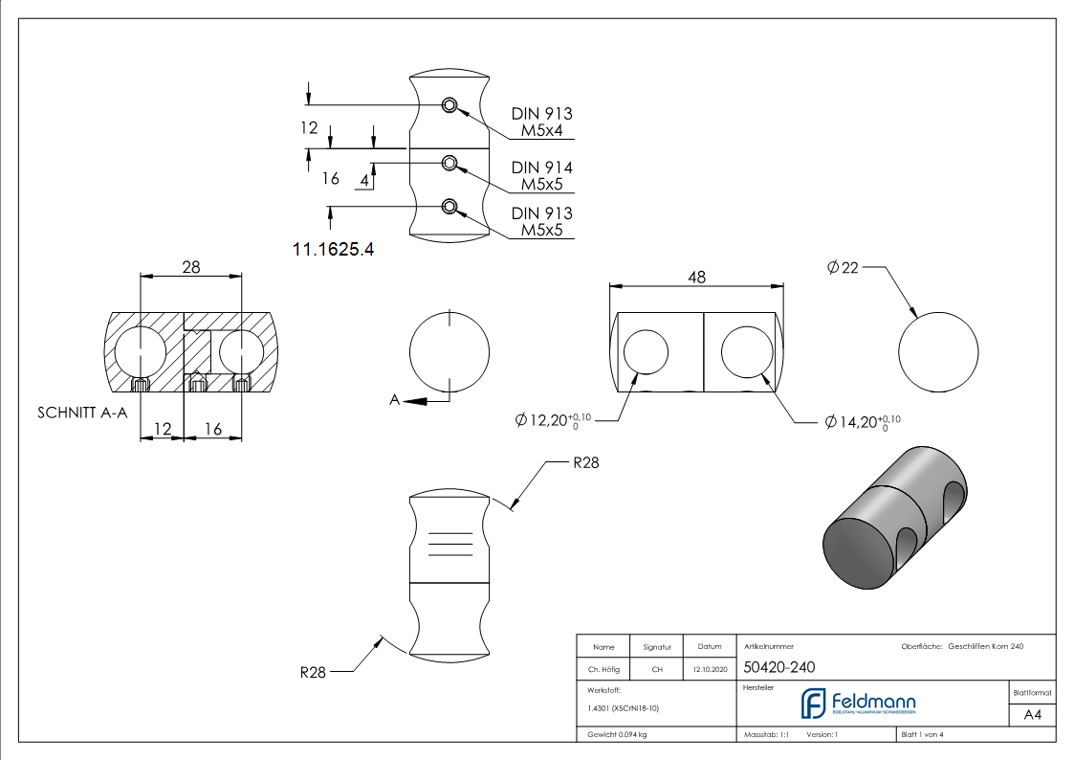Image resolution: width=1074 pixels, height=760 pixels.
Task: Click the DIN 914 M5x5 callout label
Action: point(541,175)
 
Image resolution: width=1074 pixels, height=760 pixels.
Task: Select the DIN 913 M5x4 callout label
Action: point(541,122)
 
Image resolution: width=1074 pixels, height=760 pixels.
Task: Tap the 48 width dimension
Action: point(696,277)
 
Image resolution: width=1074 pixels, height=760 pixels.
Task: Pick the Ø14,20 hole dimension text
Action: point(863,421)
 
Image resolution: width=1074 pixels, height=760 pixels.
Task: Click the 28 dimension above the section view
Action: point(190,267)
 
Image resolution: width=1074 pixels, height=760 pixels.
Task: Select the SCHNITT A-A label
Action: point(82,414)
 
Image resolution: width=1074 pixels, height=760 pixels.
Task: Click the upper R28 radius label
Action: point(585,463)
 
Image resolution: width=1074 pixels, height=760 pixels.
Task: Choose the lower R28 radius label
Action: point(313,672)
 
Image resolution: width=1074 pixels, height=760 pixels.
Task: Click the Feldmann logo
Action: point(857,704)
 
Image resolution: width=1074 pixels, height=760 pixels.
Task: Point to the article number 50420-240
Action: point(779,668)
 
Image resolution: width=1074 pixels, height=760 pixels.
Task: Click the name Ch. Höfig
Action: point(603,669)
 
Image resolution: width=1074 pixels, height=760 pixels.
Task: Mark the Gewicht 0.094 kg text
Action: point(617,734)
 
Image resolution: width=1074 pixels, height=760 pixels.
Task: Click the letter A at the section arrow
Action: point(394,401)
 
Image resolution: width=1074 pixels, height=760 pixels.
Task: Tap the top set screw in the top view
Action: point(449,105)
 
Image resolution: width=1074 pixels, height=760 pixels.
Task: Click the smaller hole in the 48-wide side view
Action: point(646,353)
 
